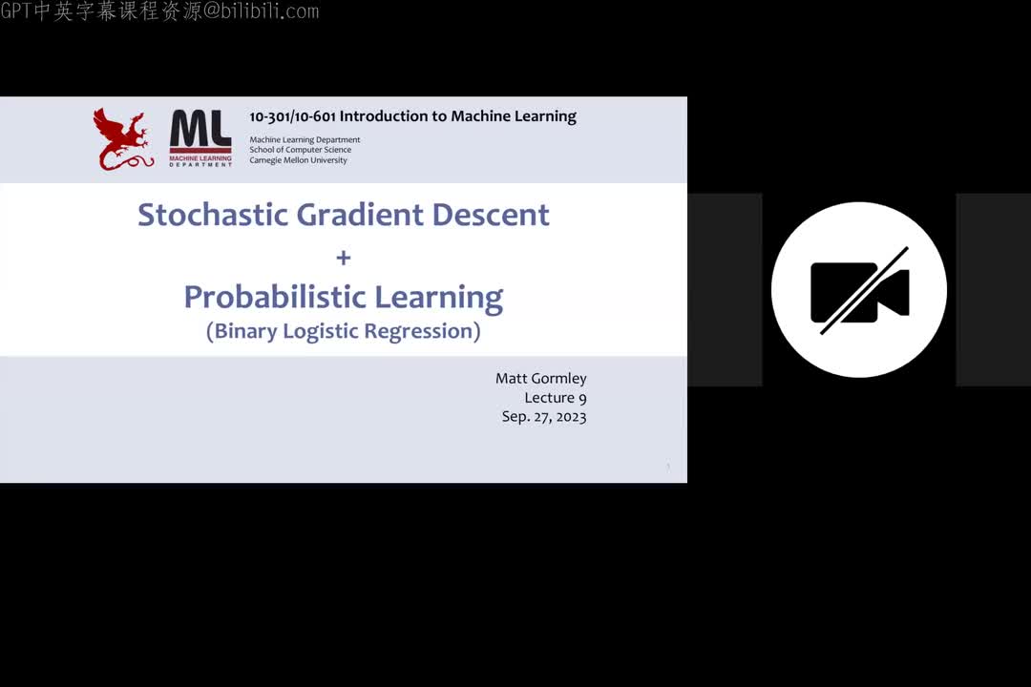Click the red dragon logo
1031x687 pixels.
click(123, 139)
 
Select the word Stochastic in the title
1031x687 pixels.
click(213, 215)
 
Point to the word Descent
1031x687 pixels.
click(491, 215)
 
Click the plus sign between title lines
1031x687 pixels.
click(344, 258)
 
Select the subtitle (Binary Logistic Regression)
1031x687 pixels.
click(344, 331)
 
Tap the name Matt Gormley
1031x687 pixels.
click(540, 379)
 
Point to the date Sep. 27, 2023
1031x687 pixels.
click(544, 417)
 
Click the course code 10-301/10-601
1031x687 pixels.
click(292, 116)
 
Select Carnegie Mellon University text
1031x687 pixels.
click(298, 160)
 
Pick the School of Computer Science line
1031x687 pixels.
click(300, 150)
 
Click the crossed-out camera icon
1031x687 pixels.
click(859, 290)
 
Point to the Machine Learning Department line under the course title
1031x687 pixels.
click(305, 140)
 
